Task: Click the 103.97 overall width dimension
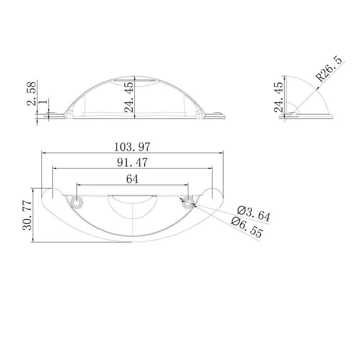tap(132, 147)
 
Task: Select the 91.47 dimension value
tap(132, 163)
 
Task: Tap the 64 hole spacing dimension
tap(132, 179)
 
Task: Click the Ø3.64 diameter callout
tap(254, 213)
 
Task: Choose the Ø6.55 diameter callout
tap(247, 227)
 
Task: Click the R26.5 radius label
tap(329, 69)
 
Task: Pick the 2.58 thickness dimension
tap(32, 93)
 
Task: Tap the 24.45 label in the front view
tap(129, 97)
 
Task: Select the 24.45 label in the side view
tap(279, 97)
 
